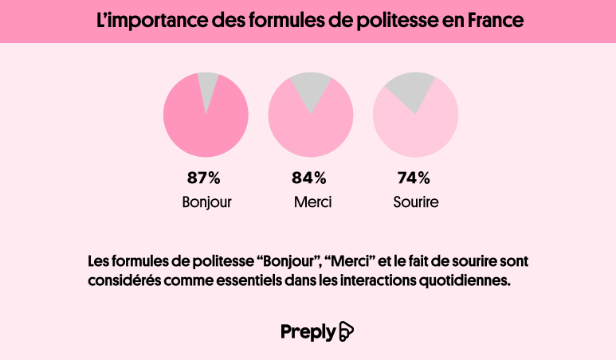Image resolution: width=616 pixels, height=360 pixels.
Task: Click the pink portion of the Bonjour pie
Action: click(206, 127)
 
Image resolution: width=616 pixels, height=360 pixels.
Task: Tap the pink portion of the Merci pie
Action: click(311, 131)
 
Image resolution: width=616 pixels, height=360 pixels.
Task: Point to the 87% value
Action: click(204, 178)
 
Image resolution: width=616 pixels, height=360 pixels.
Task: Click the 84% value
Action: click(309, 178)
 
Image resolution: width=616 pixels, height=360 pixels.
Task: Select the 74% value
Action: click(414, 178)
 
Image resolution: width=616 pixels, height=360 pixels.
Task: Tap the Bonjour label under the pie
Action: click(206, 202)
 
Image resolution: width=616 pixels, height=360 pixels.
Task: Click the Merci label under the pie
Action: click(312, 202)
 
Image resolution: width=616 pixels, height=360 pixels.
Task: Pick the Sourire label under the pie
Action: click(416, 202)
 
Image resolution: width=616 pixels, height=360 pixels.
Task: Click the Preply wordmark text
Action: click(308, 331)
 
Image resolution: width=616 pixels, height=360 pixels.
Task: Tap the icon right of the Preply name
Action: click(347, 331)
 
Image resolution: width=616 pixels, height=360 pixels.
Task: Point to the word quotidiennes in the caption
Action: click(469, 281)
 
